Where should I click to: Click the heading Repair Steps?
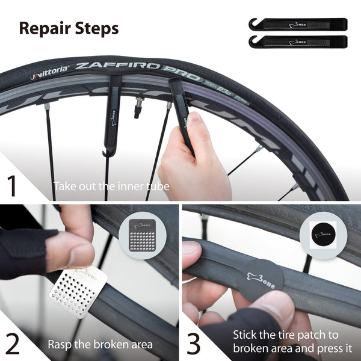coord(69,28)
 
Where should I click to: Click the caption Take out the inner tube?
coord(111,187)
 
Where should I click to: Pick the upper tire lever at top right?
coord(297,25)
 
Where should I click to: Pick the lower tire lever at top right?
coord(297,42)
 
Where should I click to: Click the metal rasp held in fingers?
coord(76,292)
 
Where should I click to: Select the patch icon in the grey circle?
coord(325,234)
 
